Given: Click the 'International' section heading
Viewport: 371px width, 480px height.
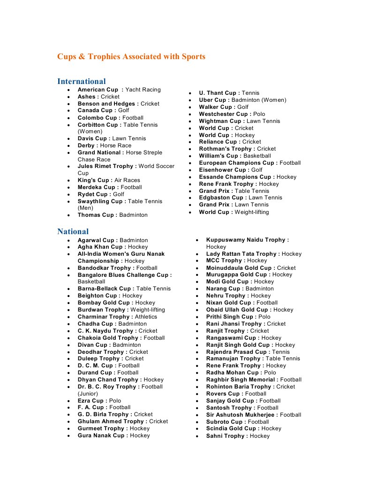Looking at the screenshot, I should [81, 81].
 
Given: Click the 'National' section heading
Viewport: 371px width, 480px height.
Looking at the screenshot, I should [73, 231].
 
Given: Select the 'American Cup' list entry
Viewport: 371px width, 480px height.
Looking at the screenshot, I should [119, 90].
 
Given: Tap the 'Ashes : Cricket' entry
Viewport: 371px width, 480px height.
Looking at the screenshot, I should [98, 97].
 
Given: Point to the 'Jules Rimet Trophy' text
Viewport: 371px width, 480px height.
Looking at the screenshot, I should [106, 166].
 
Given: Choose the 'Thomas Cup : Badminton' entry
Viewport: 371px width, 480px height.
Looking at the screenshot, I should [113, 215].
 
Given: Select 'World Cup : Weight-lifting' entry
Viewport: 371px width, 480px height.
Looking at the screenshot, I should [234, 212].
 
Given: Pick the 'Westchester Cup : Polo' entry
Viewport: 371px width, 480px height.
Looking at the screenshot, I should [232, 114].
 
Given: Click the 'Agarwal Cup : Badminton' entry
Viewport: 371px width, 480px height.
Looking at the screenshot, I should [113, 240].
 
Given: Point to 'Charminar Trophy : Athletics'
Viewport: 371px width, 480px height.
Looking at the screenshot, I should [117, 317].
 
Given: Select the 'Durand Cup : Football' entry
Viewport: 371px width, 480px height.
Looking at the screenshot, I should [108, 373].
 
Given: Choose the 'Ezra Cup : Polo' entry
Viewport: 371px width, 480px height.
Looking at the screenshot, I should [99, 401].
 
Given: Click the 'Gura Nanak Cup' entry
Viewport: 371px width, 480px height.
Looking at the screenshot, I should [114, 435].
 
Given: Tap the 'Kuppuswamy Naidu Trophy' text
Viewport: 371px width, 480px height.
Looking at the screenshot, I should [247, 240].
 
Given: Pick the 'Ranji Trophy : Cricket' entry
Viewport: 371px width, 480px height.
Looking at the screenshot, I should [237, 331].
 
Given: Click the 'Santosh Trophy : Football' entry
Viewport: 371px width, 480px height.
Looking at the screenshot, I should [242, 408].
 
